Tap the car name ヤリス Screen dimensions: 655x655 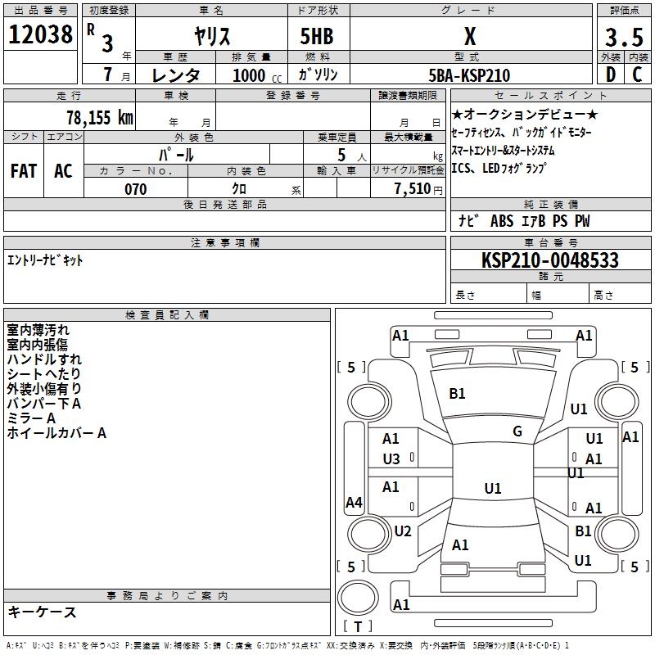click(210, 37)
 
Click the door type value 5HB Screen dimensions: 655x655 click(317, 37)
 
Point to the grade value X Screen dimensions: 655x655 click(469, 37)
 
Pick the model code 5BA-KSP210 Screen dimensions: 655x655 click(469, 75)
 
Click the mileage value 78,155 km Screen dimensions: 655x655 click(99, 116)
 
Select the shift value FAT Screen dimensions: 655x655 click(23, 170)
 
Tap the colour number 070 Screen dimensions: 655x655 click(135, 189)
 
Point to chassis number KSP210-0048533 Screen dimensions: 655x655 click(549, 260)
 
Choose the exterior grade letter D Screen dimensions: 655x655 click(610, 75)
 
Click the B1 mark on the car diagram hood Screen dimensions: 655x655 click(457, 394)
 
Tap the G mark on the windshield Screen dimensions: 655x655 click(517, 431)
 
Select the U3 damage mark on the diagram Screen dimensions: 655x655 click(391, 458)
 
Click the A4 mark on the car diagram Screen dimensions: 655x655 click(354, 502)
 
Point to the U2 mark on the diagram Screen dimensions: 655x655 click(402, 531)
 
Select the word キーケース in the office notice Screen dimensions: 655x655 click(43, 612)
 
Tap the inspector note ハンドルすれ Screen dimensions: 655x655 click(44, 359)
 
